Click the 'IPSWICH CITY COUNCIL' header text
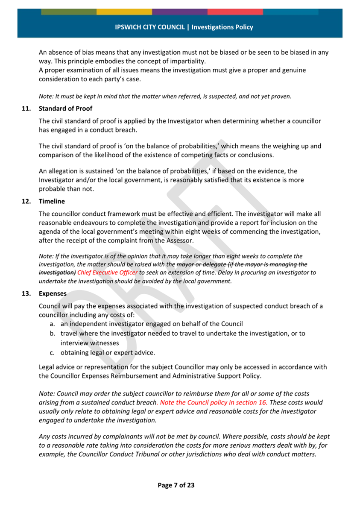click(150, 27)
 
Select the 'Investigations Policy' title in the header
click(222, 27)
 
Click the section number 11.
click(26, 108)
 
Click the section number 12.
click(26, 201)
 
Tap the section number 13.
click(26, 293)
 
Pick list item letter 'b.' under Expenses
click(53, 333)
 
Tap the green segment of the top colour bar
click(68, 12)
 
